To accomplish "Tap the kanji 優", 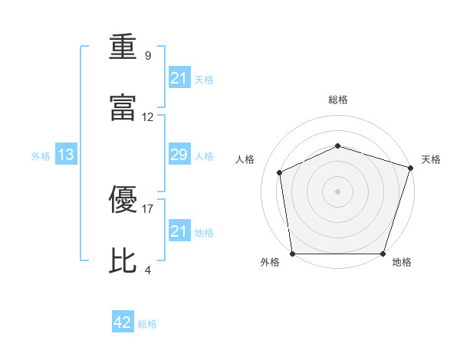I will [123, 200].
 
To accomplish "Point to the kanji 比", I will [123, 260].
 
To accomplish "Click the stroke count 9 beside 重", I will [148, 56].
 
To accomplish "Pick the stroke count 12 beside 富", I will [148, 117].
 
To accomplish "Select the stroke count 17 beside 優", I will [148, 208].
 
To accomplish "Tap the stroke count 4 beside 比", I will [148, 270].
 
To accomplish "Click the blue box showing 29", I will [179, 155].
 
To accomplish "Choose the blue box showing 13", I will [66, 155].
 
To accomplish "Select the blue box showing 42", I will [123, 323].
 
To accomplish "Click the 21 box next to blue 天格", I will [179, 78].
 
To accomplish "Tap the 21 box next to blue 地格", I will [179, 231].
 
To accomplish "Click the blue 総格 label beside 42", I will [147, 324].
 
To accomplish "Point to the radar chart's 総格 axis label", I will [338, 100].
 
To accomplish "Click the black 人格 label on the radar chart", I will [245, 159].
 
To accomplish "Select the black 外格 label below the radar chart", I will [270, 262].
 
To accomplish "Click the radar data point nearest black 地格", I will [383, 254].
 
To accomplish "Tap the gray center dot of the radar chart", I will [337, 191].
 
